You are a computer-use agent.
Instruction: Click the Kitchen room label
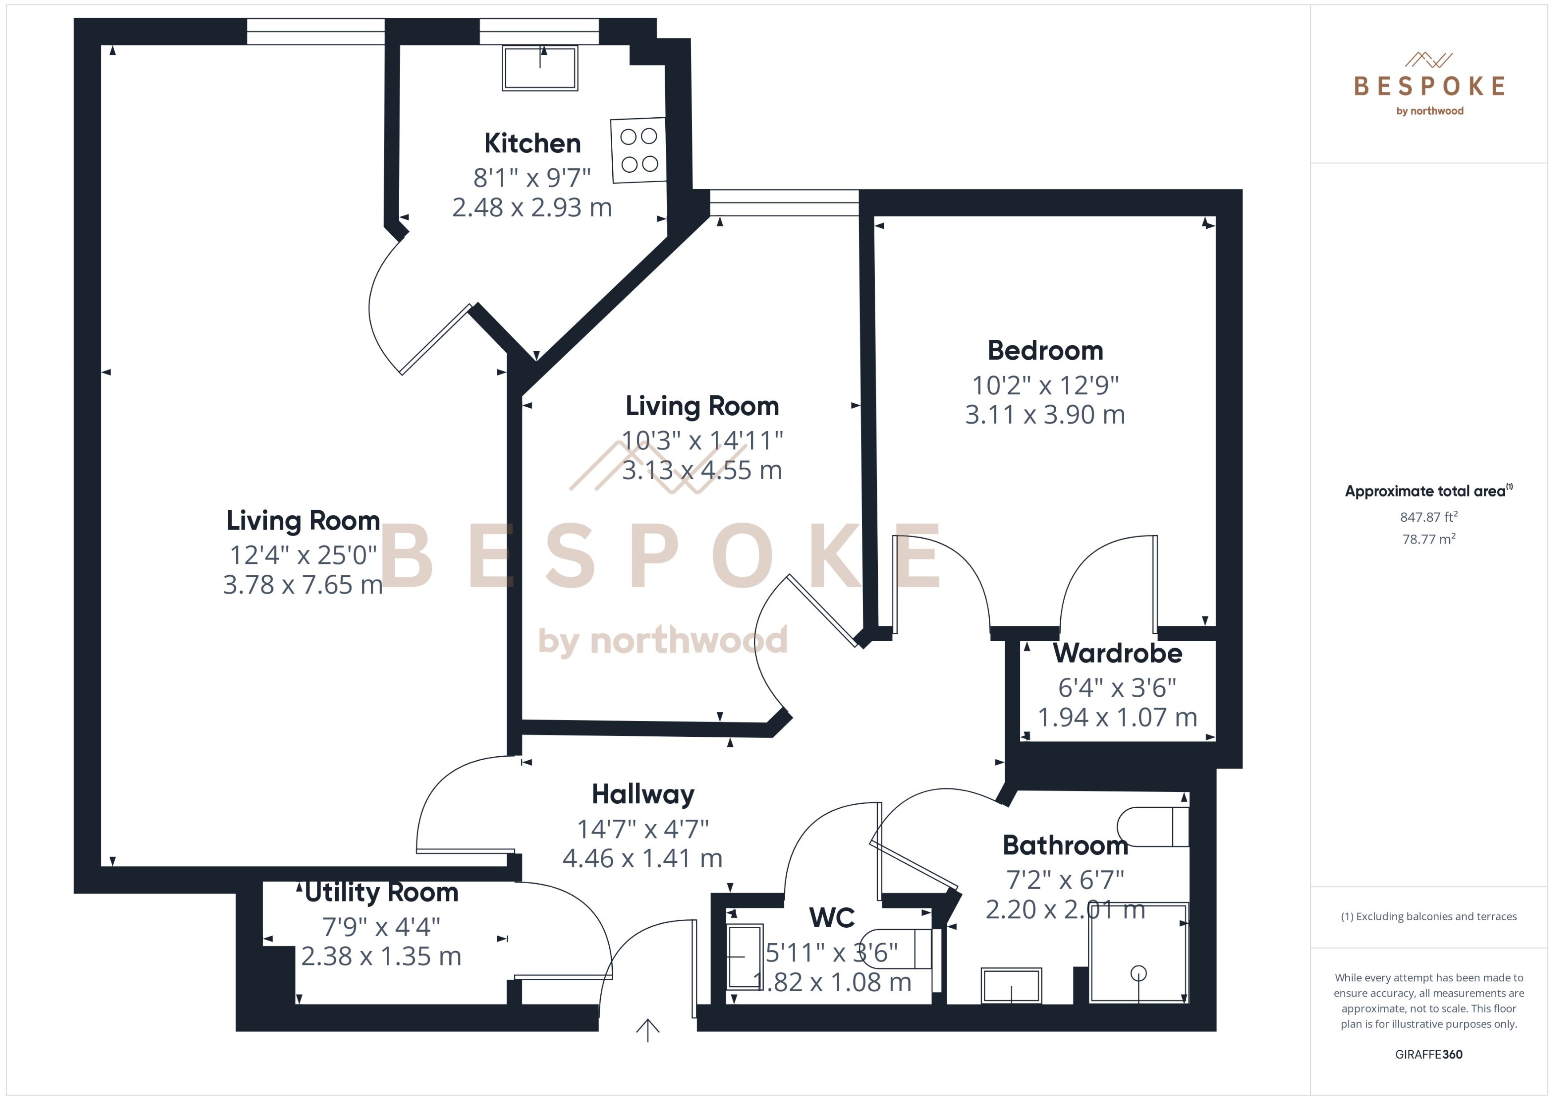click(x=532, y=143)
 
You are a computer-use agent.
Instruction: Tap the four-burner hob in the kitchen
click(x=638, y=151)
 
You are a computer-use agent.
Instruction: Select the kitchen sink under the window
click(x=539, y=68)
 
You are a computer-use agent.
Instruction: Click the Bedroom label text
click(x=1045, y=351)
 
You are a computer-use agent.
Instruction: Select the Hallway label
click(x=642, y=794)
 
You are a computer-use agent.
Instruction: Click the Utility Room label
click(x=381, y=893)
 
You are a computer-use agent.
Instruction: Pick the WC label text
click(x=832, y=918)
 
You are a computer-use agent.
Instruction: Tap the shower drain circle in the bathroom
click(x=1138, y=973)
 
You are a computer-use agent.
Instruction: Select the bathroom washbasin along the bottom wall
click(x=1011, y=985)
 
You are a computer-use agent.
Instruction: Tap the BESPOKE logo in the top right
click(x=1429, y=85)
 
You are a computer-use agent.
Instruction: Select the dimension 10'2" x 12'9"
click(x=1045, y=385)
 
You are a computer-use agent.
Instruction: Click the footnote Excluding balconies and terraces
click(x=1429, y=917)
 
